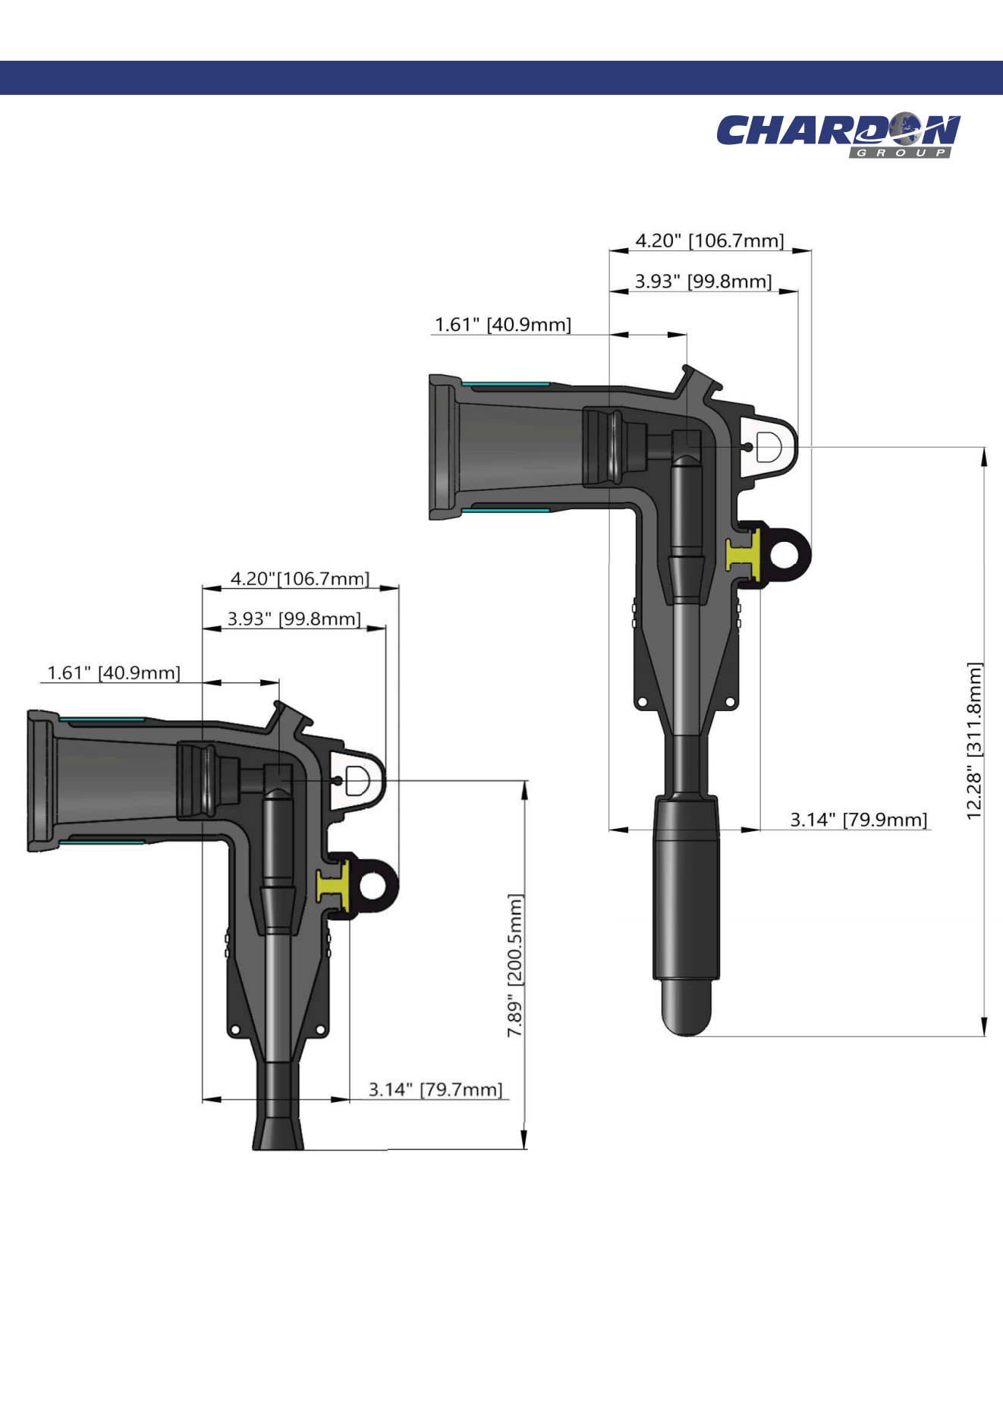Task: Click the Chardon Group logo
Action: click(838, 135)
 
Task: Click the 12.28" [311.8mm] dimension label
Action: click(974, 741)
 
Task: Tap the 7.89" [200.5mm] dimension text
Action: click(515, 965)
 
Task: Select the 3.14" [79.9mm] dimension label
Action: click(858, 820)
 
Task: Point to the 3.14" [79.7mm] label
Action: click(435, 1090)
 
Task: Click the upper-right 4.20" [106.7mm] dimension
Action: click(709, 241)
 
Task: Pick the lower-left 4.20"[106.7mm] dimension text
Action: click(300, 579)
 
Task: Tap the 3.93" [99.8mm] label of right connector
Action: click(703, 282)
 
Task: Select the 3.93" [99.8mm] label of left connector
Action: click(294, 619)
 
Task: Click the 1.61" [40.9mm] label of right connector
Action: click(502, 325)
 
